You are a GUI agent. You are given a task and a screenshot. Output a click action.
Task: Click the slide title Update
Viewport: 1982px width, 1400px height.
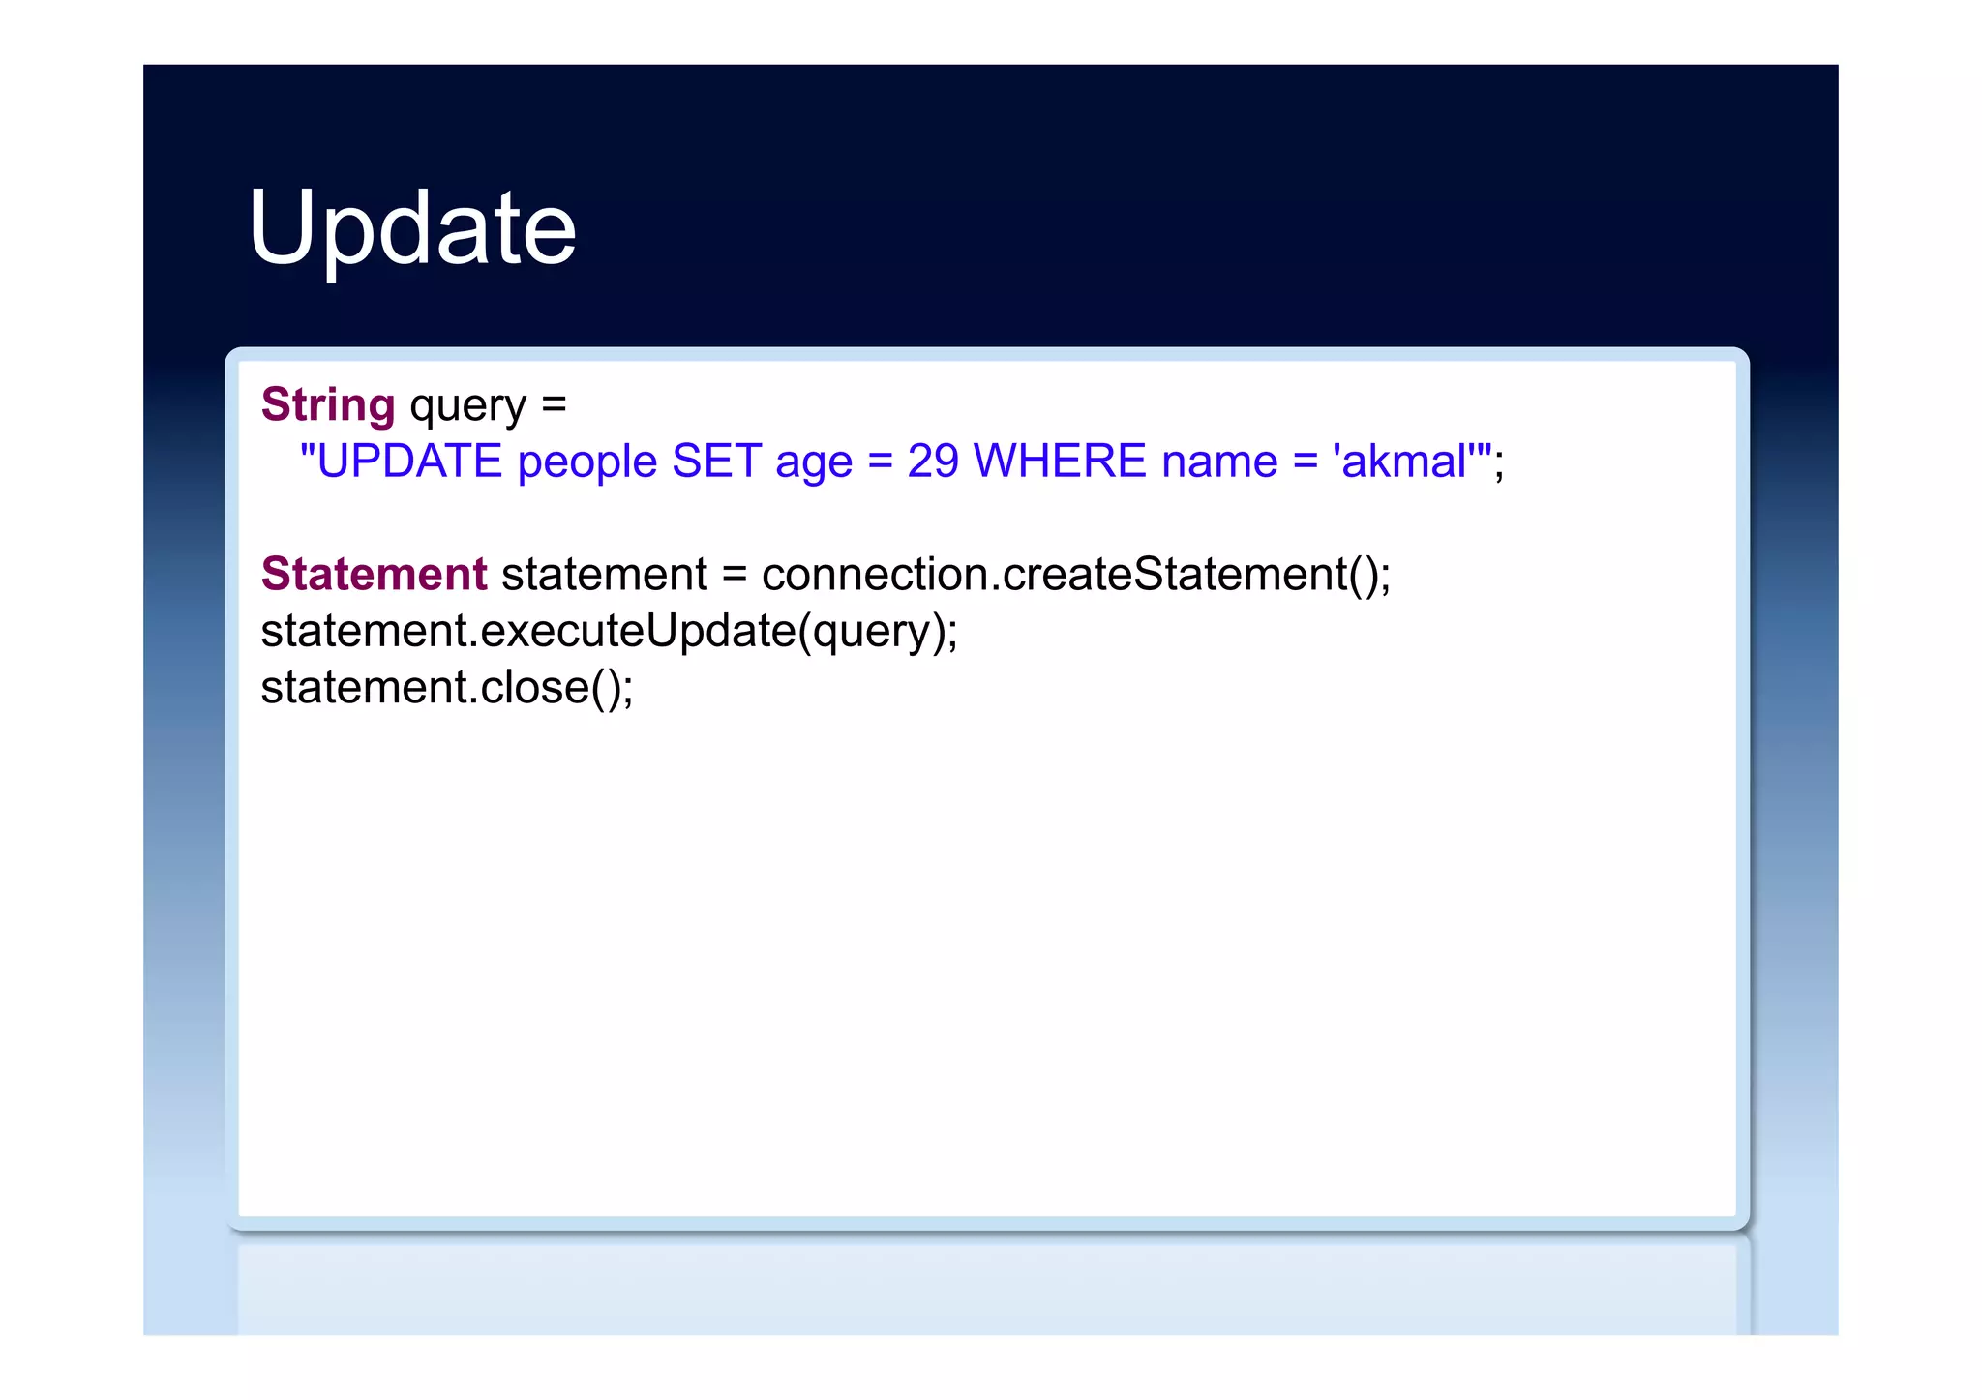[412, 228]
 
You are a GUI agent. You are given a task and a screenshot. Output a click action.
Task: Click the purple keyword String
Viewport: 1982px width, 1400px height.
[328, 404]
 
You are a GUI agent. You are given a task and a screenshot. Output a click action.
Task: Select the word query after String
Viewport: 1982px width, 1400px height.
[467, 406]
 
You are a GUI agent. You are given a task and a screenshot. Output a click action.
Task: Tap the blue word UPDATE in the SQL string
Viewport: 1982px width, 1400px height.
[408, 462]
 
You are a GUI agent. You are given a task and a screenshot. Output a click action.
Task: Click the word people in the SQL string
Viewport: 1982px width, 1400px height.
[587, 462]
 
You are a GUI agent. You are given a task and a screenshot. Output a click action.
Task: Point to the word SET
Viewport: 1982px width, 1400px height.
[716, 462]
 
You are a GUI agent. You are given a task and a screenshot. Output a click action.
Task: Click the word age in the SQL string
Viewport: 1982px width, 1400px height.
[813, 463]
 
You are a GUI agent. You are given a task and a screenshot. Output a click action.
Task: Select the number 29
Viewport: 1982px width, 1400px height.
[933, 462]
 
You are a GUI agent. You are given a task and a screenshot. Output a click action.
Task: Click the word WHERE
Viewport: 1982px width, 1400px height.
[1060, 462]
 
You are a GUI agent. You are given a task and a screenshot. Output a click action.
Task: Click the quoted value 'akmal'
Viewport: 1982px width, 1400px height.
[1404, 462]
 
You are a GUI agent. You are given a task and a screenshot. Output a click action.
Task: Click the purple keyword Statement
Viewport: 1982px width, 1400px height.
[374, 574]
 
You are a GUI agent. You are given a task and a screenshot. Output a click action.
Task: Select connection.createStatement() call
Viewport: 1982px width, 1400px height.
[1075, 574]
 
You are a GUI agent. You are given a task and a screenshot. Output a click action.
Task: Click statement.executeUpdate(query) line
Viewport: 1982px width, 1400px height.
[609, 631]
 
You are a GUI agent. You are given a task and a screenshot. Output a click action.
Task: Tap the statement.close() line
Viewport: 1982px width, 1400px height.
[446, 688]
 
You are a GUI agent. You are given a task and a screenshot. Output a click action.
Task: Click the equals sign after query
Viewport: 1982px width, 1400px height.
[554, 404]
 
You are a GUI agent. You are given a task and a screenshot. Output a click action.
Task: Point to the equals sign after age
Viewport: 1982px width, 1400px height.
[880, 462]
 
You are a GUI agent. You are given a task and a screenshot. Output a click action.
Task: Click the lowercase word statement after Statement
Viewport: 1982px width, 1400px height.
[604, 574]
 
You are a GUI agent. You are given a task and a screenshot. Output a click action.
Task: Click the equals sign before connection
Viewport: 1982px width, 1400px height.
[735, 574]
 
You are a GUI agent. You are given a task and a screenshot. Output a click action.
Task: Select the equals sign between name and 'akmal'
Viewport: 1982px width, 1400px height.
[1306, 462]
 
